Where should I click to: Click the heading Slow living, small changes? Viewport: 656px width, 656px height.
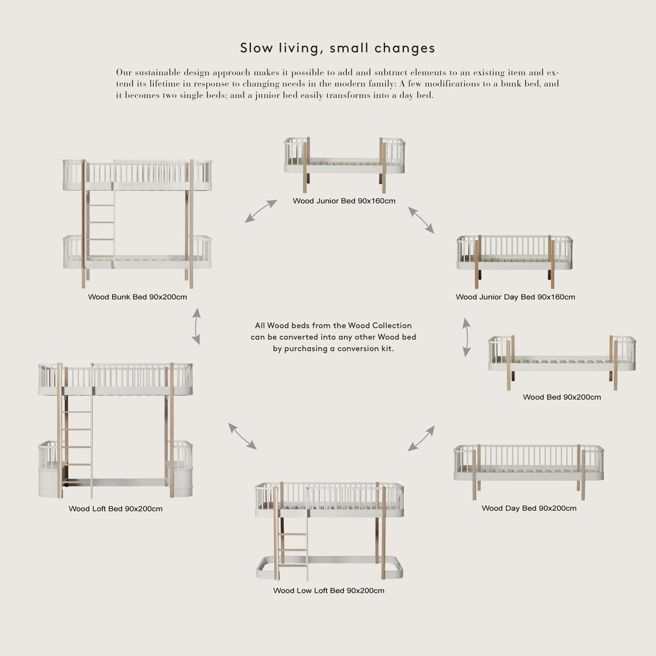pyautogui.click(x=338, y=48)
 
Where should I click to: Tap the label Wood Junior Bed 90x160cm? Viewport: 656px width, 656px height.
pyautogui.click(x=344, y=201)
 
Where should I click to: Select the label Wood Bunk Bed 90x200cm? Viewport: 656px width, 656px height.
pyautogui.click(x=137, y=297)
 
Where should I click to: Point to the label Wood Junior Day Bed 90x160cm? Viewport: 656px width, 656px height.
pyautogui.click(x=515, y=297)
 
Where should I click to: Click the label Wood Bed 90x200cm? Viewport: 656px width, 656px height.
pyautogui.click(x=562, y=397)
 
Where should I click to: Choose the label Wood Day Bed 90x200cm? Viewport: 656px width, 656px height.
pyautogui.click(x=529, y=509)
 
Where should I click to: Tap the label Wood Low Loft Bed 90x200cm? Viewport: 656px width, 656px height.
pyautogui.click(x=329, y=591)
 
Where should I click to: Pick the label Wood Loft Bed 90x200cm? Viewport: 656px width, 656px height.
pyautogui.click(x=115, y=509)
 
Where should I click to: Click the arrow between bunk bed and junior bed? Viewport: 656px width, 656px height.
pyautogui.click(x=261, y=211)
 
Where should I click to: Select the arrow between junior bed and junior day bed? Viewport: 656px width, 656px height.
pyautogui.click(x=421, y=220)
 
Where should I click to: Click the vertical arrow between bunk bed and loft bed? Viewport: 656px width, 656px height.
pyautogui.click(x=196, y=326)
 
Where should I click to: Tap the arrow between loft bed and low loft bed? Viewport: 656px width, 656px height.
pyautogui.click(x=243, y=436)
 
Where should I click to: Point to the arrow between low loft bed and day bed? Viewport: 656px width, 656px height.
pyautogui.click(x=421, y=438)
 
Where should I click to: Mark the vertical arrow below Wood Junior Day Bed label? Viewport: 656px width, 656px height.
pyautogui.click(x=466, y=337)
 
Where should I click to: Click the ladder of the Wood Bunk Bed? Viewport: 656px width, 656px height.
pyautogui.click(x=100, y=224)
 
